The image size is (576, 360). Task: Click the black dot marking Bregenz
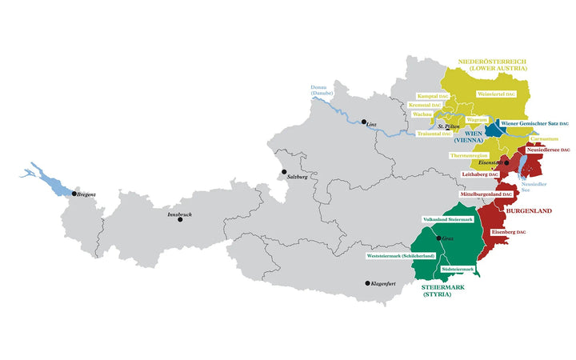pyautogui.click(x=74, y=194)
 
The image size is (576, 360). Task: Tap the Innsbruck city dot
pyautogui.click(x=180, y=219)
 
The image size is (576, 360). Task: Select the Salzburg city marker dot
pyautogui.click(x=282, y=170)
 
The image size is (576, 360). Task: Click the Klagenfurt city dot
pyautogui.click(x=368, y=283)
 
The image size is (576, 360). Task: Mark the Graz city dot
pyautogui.click(x=438, y=238)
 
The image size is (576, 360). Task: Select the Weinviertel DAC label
pyautogui.click(x=497, y=94)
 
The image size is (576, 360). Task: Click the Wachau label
pyautogui.click(x=422, y=114)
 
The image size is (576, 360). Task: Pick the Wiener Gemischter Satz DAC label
pyautogui.click(x=534, y=123)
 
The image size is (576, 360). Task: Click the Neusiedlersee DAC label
pyautogui.click(x=547, y=150)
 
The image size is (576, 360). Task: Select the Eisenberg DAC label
pyautogui.click(x=508, y=232)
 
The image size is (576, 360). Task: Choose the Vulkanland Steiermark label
pyautogui.click(x=448, y=219)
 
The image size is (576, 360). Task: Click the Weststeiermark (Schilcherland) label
pyautogui.click(x=401, y=255)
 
